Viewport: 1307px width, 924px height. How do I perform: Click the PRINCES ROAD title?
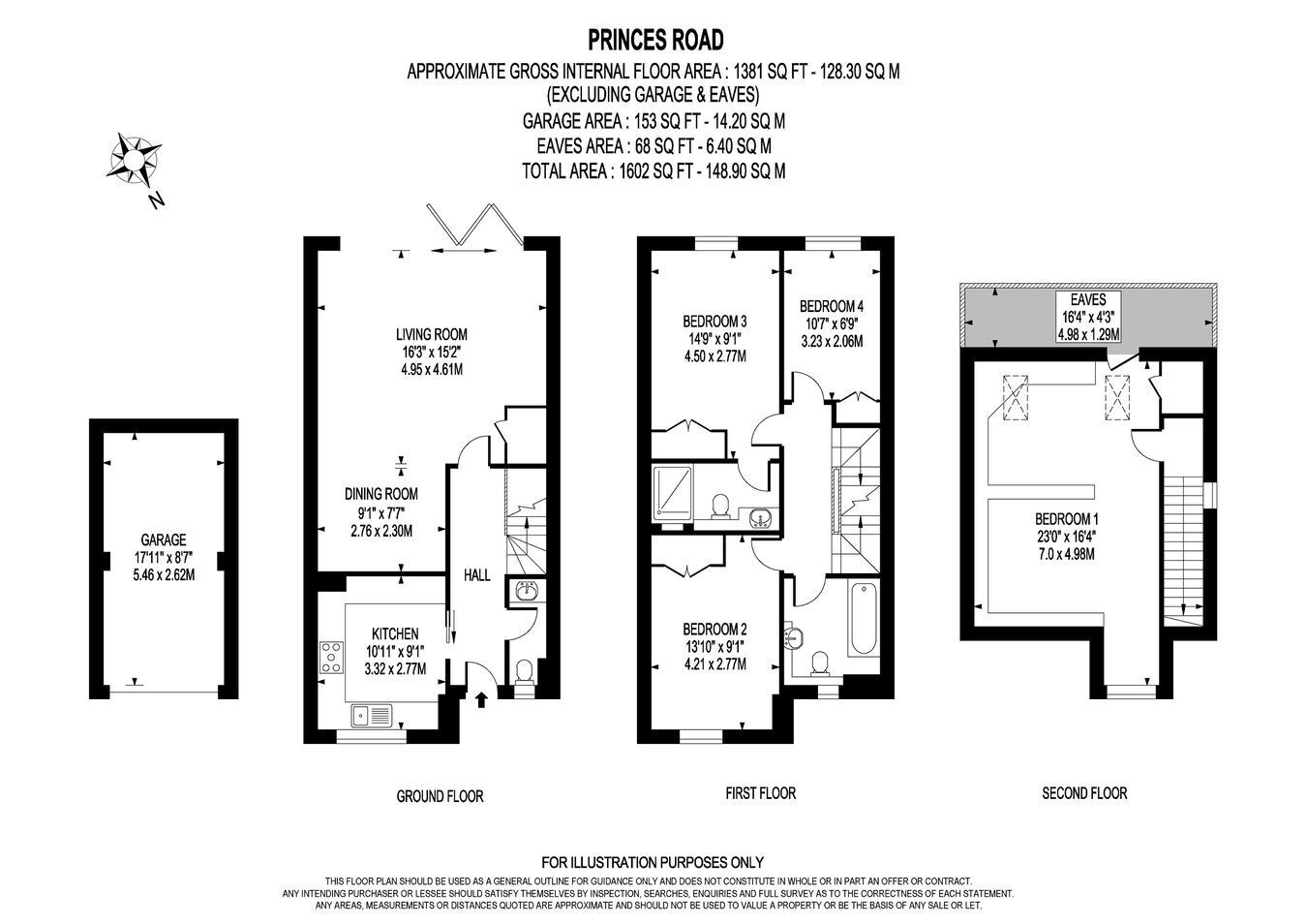tap(655, 40)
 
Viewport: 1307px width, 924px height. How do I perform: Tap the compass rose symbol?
tap(134, 159)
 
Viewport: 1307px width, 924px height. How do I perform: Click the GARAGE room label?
tap(164, 539)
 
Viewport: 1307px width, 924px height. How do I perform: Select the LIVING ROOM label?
tap(431, 334)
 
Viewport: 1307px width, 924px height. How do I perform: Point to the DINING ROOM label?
tap(381, 494)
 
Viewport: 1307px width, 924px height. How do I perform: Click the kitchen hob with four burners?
tap(332, 658)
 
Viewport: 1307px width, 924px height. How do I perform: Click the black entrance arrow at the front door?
tap(481, 698)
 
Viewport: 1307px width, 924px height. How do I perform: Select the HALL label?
tap(476, 575)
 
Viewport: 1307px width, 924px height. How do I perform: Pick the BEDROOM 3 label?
tap(714, 321)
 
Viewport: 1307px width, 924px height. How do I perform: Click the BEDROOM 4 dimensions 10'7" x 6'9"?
tap(832, 323)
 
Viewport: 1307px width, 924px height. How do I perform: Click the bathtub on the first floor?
tap(864, 619)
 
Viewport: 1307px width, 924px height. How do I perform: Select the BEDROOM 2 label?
tap(714, 630)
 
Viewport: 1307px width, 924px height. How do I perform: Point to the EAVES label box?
tap(1088, 317)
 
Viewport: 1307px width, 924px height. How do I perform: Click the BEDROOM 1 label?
tap(1067, 518)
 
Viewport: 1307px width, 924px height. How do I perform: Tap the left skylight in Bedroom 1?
tap(1016, 397)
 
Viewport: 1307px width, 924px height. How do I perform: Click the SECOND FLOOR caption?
tap(1084, 793)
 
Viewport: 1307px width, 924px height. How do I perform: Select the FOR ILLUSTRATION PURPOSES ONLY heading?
tap(653, 862)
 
